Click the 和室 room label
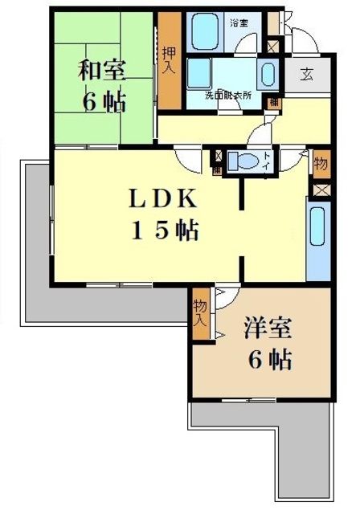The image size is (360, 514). tap(101, 70)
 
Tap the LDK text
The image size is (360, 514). tap(164, 198)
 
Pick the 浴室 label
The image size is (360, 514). tap(239, 22)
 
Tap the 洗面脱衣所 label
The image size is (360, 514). tap(227, 95)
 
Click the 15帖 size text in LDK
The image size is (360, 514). tap(165, 231)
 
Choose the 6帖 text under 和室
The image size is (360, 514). tap(101, 103)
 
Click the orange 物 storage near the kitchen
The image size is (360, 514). tap(321, 164)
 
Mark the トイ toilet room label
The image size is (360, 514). tap(266, 157)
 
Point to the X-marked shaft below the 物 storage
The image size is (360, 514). tap(321, 190)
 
